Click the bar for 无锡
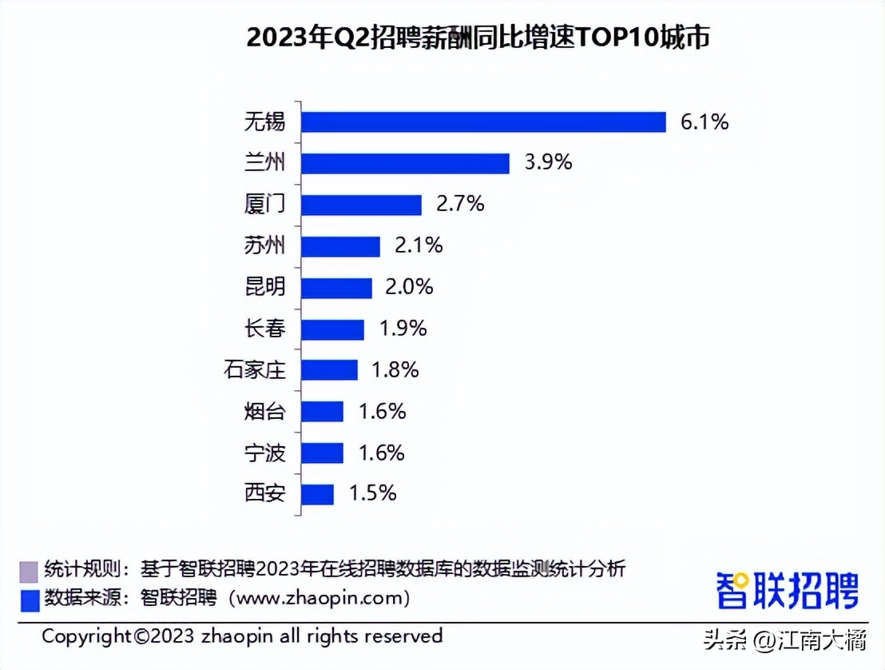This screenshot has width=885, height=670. click(x=484, y=122)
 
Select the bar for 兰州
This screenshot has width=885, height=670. click(x=406, y=163)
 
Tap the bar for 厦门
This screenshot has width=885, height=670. click(x=362, y=205)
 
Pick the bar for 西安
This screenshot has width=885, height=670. click(x=318, y=494)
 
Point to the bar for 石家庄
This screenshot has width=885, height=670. click(x=330, y=370)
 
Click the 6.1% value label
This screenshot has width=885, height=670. click(x=704, y=122)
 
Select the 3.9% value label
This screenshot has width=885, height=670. click(x=548, y=162)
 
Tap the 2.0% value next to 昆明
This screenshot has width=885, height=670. click(x=409, y=287)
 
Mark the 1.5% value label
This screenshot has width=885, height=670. click(x=372, y=493)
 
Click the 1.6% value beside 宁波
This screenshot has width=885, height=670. click(x=382, y=453)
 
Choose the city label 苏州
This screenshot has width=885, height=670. click(x=264, y=245)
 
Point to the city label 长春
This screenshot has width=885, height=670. click(x=264, y=329)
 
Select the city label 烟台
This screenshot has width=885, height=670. click(x=264, y=412)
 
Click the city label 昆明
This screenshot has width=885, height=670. click(x=264, y=287)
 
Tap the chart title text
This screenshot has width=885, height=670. click(x=478, y=38)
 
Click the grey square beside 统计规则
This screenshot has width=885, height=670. click(x=28, y=571)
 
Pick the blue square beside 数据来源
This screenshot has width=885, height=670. click(x=28, y=598)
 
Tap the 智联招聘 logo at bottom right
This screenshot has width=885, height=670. click(x=787, y=591)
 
